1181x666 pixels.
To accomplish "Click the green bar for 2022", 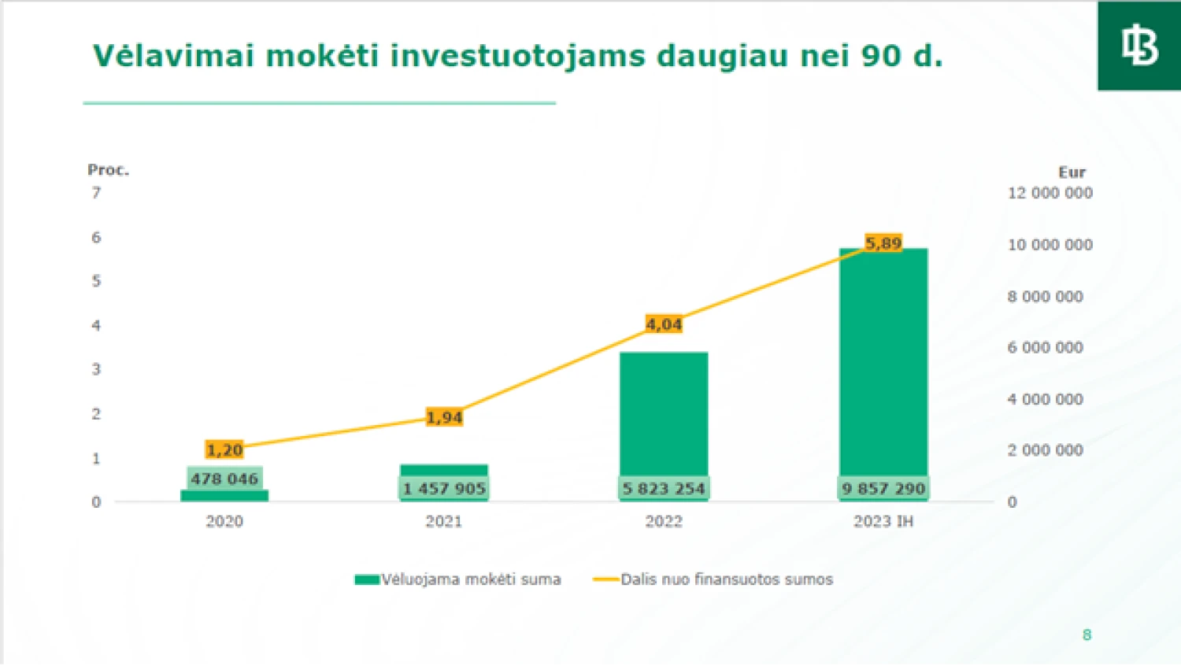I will point(664,413).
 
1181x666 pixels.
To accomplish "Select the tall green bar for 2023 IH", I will point(883,362).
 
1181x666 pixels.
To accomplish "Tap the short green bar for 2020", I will point(224,495).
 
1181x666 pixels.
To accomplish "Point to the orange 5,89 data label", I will point(883,243).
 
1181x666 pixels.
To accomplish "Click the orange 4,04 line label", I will point(664,324).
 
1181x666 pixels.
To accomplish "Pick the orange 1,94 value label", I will point(444,417).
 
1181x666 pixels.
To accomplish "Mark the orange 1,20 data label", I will point(224,450).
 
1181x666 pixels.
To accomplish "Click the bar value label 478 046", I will point(224,479).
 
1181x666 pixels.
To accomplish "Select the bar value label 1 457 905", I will point(444,488).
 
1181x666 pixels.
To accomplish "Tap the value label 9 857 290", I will point(883,488).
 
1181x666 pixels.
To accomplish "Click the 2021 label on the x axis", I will point(444,521).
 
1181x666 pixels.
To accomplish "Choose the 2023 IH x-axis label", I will point(883,521).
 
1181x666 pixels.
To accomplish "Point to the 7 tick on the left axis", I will point(96,193).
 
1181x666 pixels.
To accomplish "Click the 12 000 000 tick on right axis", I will point(1050,193).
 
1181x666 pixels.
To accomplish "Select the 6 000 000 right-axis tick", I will point(1045,347).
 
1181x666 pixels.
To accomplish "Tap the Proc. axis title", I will point(108,170).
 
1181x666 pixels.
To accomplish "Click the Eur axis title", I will point(1072,172).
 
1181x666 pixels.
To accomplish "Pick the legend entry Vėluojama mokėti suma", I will point(458,579).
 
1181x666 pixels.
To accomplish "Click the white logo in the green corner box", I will point(1139,46).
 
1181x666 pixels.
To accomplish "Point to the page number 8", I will point(1087,635).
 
